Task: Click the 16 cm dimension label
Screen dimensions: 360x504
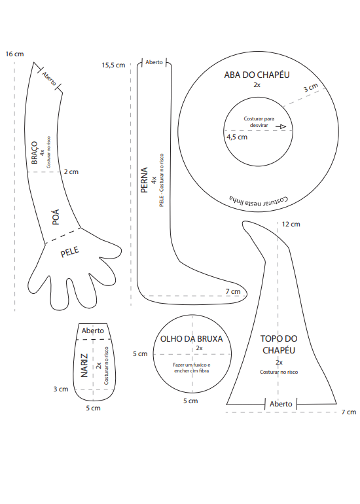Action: (x=14, y=54)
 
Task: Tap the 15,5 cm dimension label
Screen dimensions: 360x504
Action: (x=113, y=65)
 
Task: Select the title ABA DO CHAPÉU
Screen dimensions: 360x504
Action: (x=257, y=75)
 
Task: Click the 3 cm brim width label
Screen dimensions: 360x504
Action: (x=311, y=88)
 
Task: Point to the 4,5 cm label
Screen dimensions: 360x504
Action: (x=237, y=137)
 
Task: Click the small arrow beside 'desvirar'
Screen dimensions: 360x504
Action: (x=281, y=126)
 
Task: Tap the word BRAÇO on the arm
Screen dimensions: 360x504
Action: (x=35, y=153)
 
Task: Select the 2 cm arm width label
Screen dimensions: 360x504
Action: (x=71, y=172)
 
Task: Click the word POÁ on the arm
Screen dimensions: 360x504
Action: (x=56, y=217)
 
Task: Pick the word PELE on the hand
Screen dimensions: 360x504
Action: (x=70, y=252)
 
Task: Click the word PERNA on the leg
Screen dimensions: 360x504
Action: (x=144, y=180)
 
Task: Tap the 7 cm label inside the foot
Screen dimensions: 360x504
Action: (x=233, y=291)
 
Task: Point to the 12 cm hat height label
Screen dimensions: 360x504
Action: (x=291, y=225)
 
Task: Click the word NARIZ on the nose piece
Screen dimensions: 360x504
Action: (x=84, y=365)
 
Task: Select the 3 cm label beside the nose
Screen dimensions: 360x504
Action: (x=61, y=389)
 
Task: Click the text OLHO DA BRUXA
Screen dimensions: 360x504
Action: (x=192, y=339)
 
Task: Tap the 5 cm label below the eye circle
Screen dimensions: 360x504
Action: (x=190, y=401)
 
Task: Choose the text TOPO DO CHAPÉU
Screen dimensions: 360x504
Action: (x=279, y=344)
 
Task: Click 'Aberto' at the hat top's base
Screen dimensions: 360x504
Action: (x=281, y=404)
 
